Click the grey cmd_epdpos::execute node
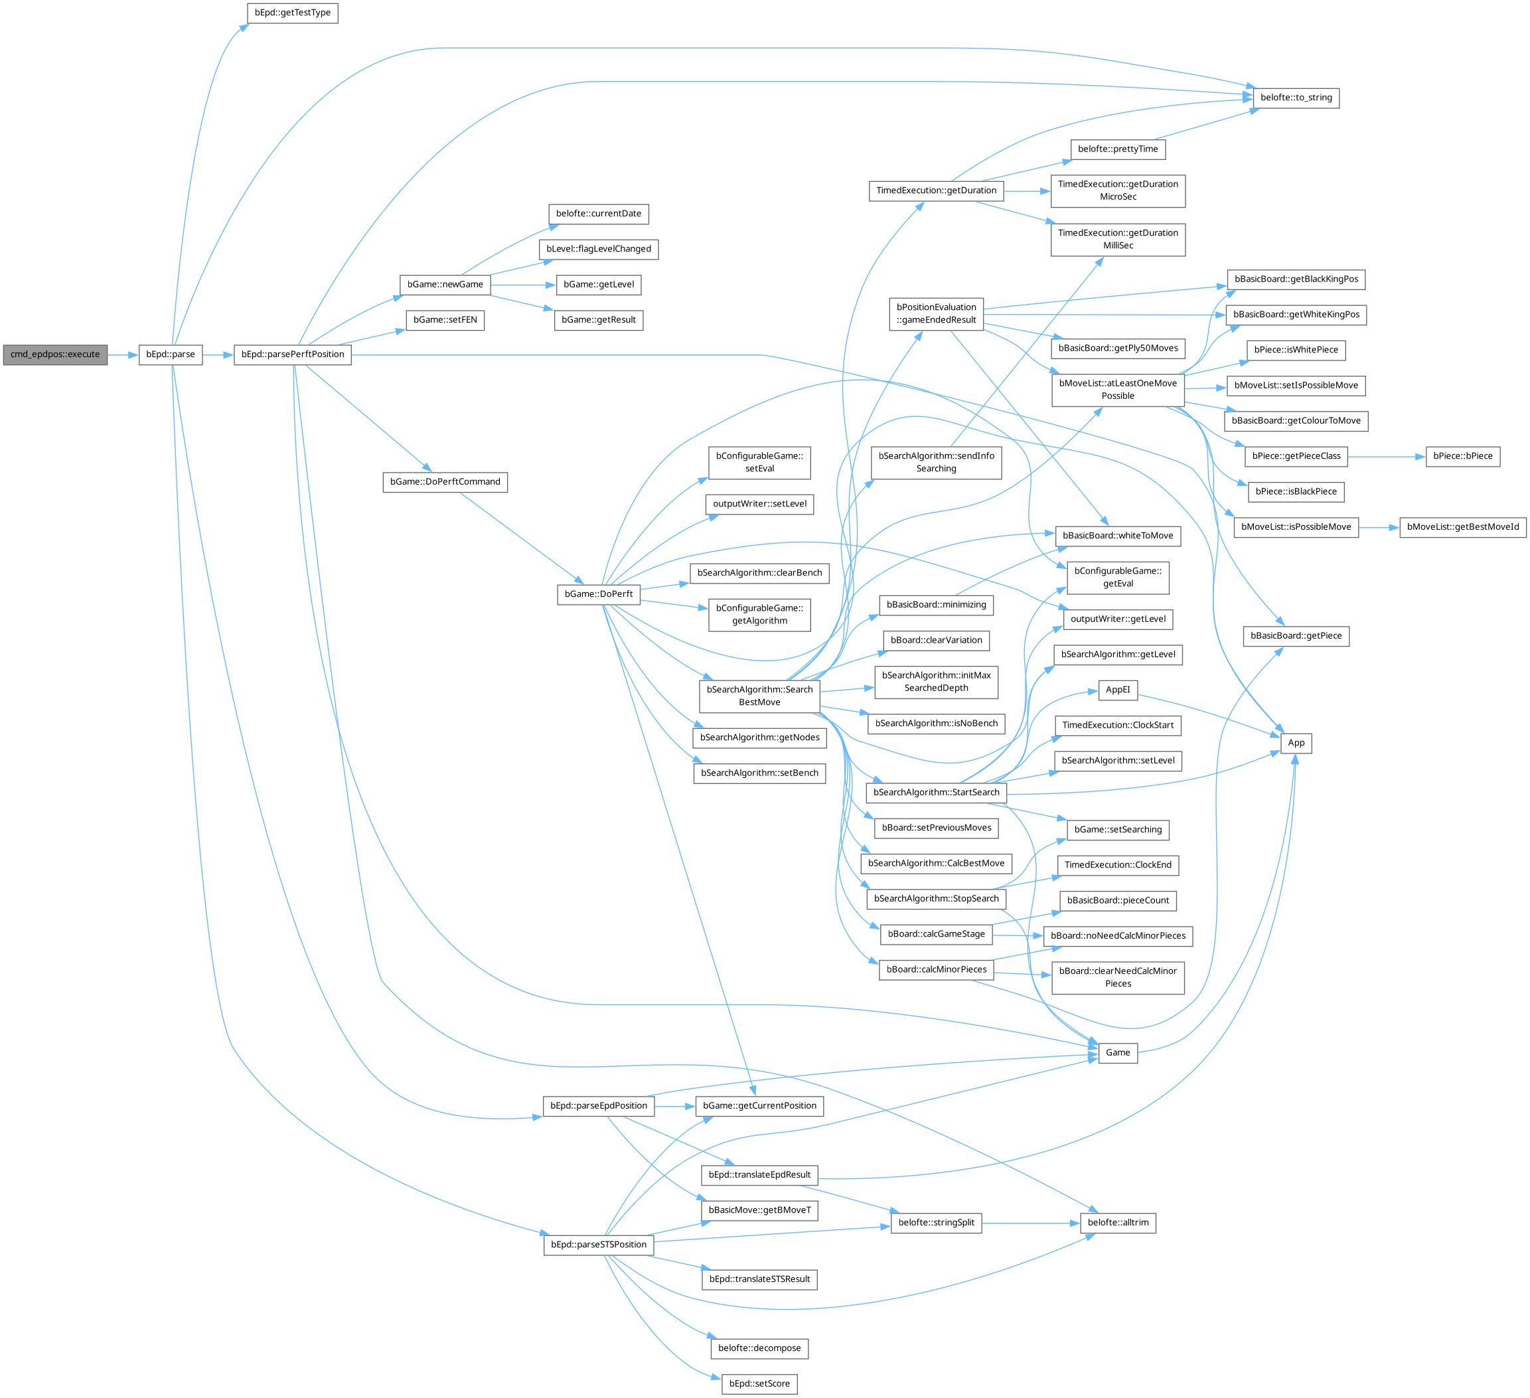coord(54,354)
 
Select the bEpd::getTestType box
coord(292,13)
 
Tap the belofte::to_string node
coord(1296,98)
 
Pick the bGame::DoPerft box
coord(598,594)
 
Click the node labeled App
coord(1296,743)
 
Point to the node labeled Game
coord(1117,1053)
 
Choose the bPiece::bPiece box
coord(1462,456)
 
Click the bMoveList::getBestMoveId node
coord(1462,526)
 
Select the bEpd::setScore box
coord(759,1383)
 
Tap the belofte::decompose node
coord(759,1348)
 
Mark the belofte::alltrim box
coord(1117,1223)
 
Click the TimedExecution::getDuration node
coord(936,191)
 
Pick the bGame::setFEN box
coord(445,319)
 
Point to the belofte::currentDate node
coord(598,213)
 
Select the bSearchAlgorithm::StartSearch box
coord(936,793)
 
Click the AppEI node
coord(1117,690)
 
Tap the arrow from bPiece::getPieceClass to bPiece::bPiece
coord(1386,457)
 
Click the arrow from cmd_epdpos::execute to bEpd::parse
coord(123,354)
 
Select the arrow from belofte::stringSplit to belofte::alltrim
coord(1031,1223)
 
